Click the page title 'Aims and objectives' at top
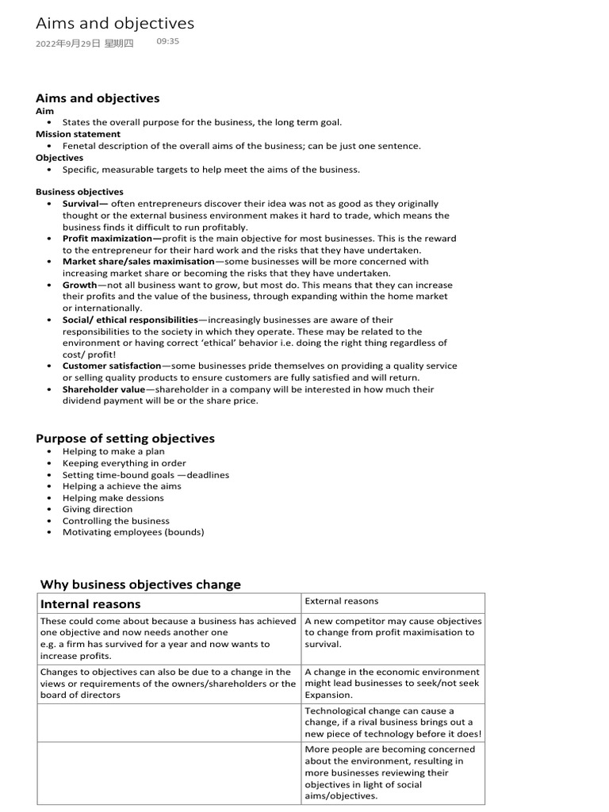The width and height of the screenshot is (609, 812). (115, 24)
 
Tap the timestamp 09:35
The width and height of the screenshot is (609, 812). (168, 41)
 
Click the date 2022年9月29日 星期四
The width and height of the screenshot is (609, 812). (85, 44)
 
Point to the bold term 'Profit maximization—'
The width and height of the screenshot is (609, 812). (112, 238)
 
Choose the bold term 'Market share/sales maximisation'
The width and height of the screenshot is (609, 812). (139, 261)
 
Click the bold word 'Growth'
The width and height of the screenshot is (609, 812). (79, 285)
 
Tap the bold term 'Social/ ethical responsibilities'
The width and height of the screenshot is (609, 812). (130, 320)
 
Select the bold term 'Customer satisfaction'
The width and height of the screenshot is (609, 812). (112, 366)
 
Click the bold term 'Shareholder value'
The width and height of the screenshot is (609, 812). (104, 389)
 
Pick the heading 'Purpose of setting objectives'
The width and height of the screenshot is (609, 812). (125, 439)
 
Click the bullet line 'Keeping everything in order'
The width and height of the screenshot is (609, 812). (124, 463)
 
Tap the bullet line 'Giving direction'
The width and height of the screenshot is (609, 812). (98, 509)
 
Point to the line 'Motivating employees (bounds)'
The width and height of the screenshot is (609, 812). (133, 532)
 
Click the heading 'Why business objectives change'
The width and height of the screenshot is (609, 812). (140, 584)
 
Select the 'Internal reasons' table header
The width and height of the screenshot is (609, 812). (90, 604)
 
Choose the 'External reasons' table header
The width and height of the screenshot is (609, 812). (342, 601)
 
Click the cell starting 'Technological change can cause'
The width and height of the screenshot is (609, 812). (393, 722)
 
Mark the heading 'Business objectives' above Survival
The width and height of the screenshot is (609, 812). (79, 192)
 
